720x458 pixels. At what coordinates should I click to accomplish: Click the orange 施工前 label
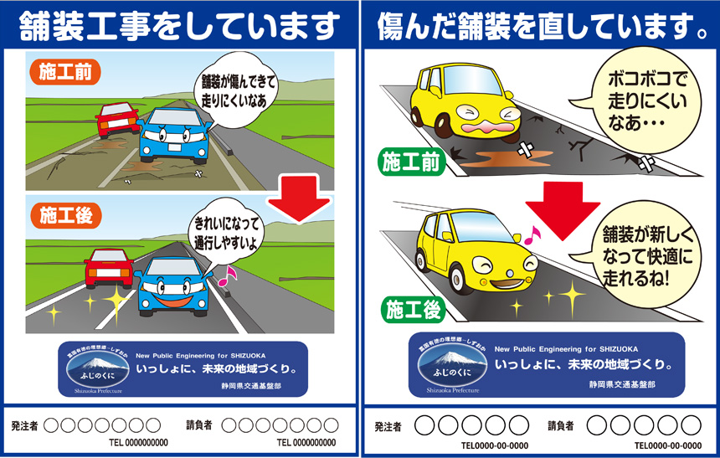click(66, 71)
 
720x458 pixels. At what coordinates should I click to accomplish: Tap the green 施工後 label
click(411, 311)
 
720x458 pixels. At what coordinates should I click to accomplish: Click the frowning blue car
click(172, 133)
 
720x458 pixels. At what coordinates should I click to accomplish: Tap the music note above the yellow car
click(531, 238)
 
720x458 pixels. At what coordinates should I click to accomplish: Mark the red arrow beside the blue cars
click(300, 201)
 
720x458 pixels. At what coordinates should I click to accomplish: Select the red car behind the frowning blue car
click(117, 119)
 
